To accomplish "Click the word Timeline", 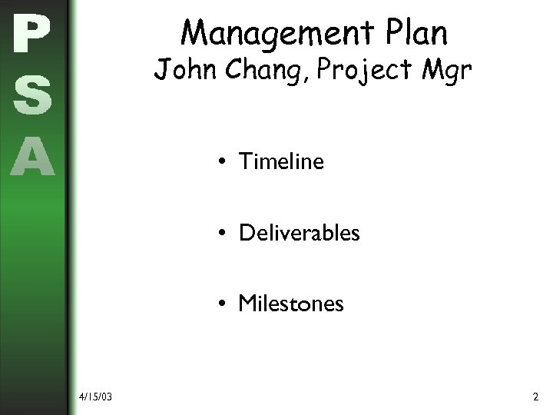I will pos(281,161).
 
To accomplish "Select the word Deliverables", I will pos(299,232).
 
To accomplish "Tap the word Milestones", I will pos(291,304).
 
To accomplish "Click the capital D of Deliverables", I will pos(247,232).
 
